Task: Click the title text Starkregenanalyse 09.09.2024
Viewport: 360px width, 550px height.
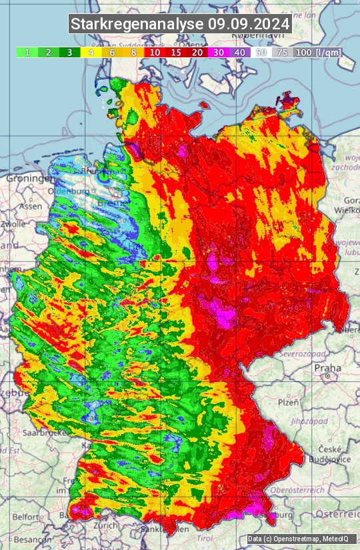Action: (x=180, y=24)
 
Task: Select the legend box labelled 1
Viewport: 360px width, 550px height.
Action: (x=27, y=52)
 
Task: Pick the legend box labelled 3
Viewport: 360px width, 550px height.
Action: (x=69, y=52)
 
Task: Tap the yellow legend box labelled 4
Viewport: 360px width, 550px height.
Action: (x=91, y=52)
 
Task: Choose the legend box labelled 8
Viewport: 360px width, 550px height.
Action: (x=133, y=52)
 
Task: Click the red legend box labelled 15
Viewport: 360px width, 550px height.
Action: (x=176, y=52)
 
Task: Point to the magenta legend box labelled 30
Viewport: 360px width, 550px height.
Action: (x=219, y=52)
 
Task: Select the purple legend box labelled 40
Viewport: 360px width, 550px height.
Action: (x=240, y=52)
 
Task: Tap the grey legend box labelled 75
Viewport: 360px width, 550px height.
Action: (x=283, y=52)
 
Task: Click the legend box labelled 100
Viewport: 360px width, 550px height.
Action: (x=304, y=52)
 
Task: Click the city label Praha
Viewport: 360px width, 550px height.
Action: (x=328, y=367)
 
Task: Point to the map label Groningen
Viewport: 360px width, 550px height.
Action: (x=31, y=179)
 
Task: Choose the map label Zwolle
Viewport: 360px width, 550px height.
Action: (x=13, y=224)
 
